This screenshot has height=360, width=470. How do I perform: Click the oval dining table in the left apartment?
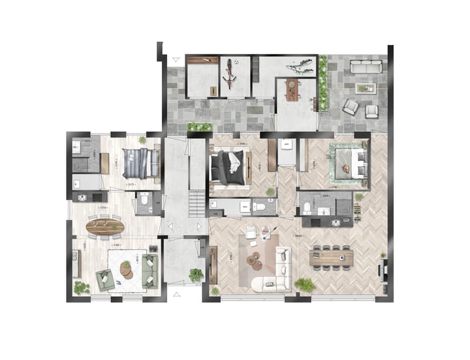tap(105, 227)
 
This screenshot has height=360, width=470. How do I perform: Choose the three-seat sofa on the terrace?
tap(366, 66)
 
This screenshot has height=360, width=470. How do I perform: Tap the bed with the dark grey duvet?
tap(229, 166)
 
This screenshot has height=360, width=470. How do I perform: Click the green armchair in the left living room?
tap(104, 278)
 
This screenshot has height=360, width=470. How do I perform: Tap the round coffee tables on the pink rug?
tap(253, 261)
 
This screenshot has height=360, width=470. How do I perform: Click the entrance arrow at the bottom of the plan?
tap(174, 295)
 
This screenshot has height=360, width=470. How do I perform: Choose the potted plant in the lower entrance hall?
tap(195, 275)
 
